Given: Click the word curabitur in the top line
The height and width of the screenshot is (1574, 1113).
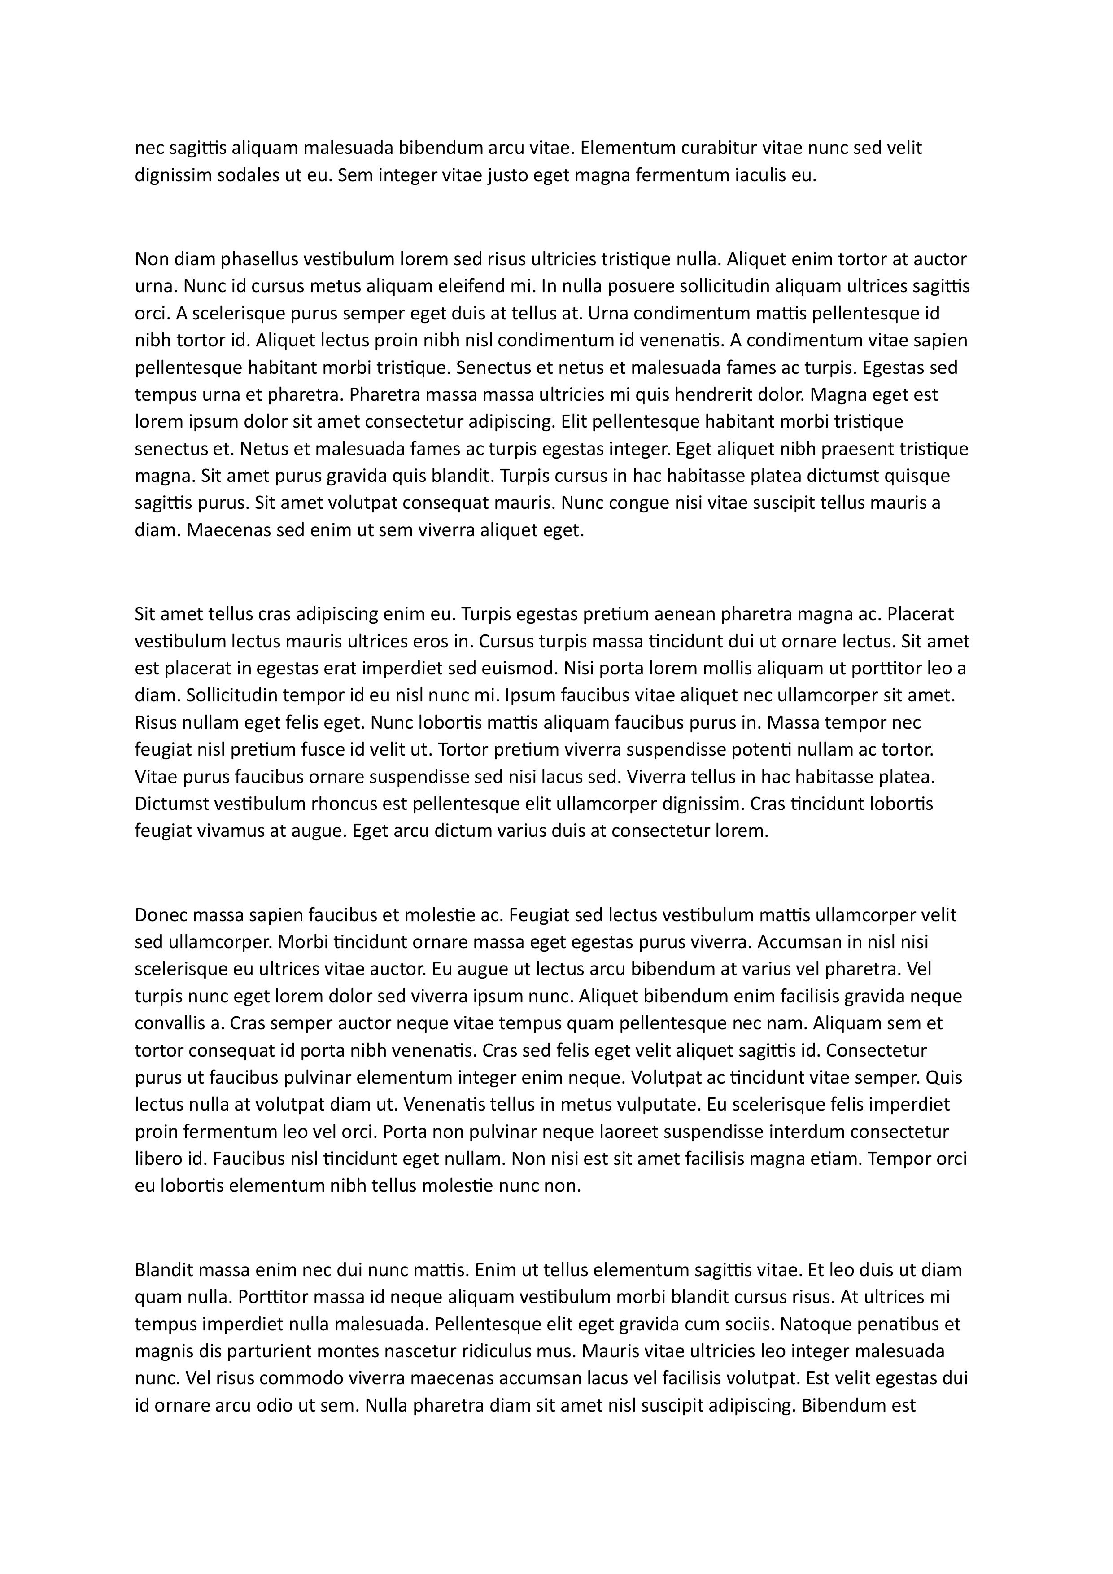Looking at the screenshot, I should [698, 148].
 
